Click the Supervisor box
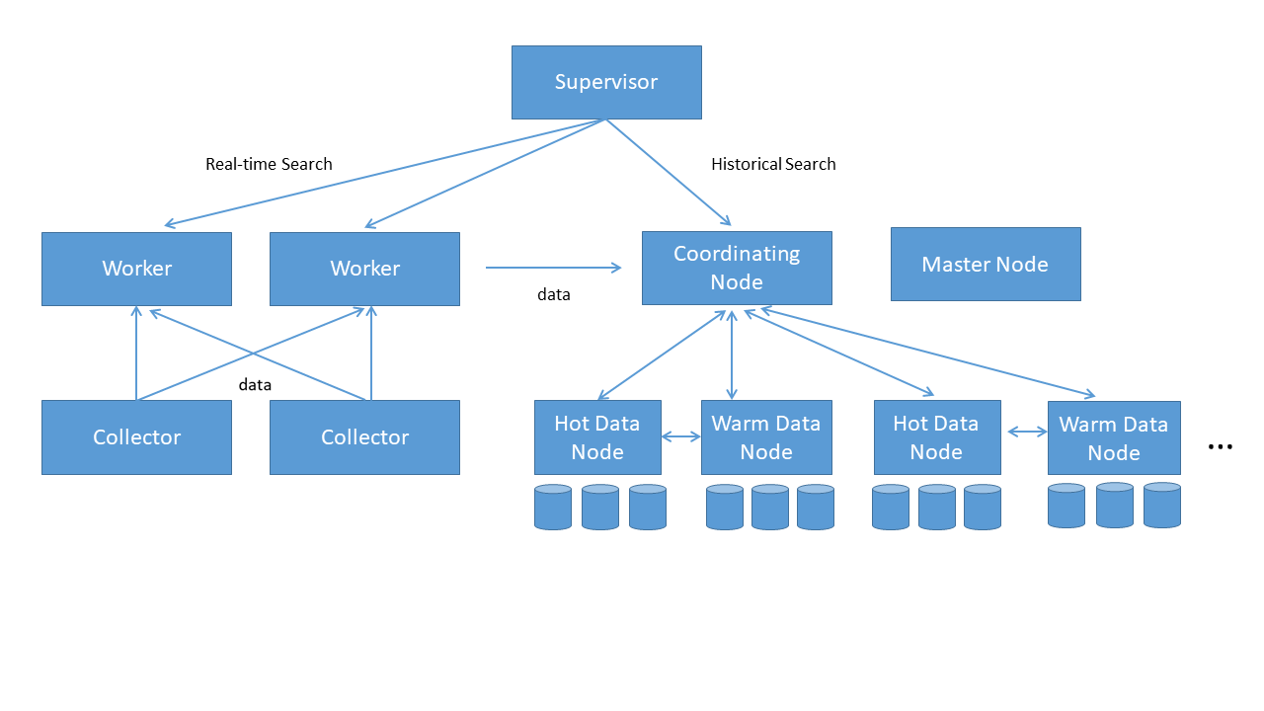coord(606,82)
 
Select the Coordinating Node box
coord(737,268)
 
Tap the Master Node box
coord(986,264)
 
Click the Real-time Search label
coord(269,164)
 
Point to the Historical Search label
coord(773,164)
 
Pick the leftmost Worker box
coord(136,269)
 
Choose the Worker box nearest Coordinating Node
coord(364,269)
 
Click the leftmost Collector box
coord(136,437)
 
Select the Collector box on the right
coord(364,437)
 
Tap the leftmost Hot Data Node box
coord(597,437)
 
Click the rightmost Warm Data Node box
coord(1114,438)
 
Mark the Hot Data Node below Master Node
coord(936,437)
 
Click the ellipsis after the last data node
coord(1221,447)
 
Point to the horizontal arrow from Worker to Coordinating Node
coord(553,267)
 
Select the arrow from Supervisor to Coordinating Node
coord(669,173)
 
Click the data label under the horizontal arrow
coord(553,294)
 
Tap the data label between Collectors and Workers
coord(255,385)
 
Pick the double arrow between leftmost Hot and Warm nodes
coord(681,436)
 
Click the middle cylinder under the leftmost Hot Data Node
coord(599,507)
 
